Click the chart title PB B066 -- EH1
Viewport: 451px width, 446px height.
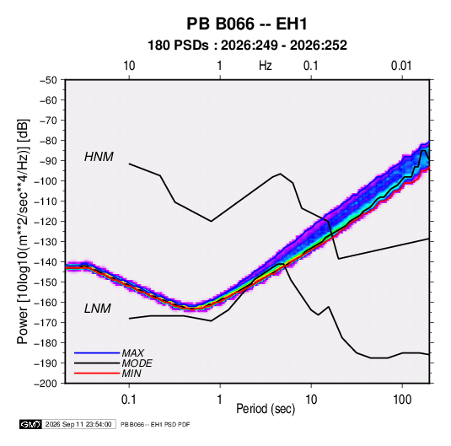point(247,24)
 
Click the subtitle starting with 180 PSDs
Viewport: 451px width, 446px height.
point(247,46)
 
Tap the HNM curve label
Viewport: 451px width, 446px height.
point(99,157)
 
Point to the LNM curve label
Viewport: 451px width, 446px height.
point(98,309)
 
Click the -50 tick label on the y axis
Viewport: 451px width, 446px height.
point(48,80)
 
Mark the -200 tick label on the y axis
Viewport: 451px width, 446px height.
point(46,384)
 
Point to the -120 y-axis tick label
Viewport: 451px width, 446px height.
point(46,222)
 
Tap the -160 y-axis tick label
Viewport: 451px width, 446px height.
point(46,303)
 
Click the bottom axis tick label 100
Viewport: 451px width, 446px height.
point(402,400)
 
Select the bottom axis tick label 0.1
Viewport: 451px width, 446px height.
point(129,400)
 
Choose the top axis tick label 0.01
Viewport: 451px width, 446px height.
point(401,66)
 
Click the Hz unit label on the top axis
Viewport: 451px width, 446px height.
point(266,66)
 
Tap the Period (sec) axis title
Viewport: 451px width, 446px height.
point(266,409)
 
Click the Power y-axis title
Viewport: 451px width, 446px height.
point(23,231)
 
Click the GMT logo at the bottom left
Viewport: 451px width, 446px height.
point(30,424)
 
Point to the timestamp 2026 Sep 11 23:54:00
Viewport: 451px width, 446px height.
point(78,424)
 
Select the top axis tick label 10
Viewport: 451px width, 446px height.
point(129,66)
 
